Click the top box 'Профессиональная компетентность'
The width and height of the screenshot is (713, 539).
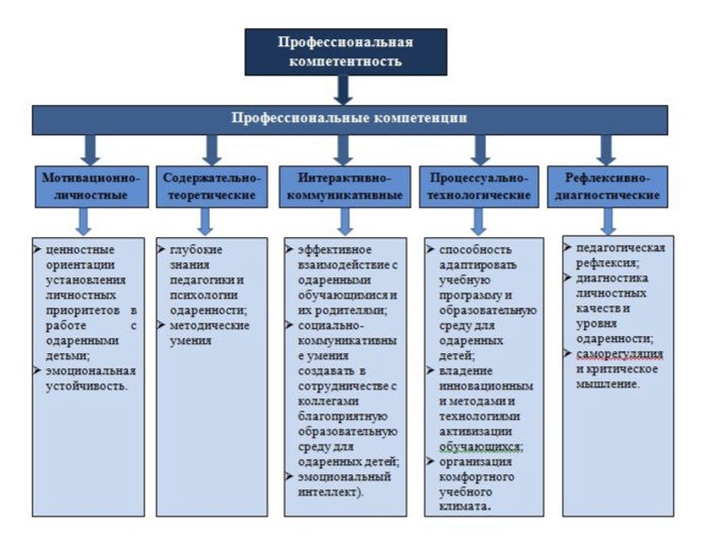pyautogui.click(x=345, y=52)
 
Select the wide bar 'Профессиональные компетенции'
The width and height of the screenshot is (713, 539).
pyautogui.click(x=350, y=119)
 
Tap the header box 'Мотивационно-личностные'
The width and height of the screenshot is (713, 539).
pyautogui.click(x=92, y=187)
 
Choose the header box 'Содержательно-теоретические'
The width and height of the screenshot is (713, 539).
pyautogui.click(x=212, y=187)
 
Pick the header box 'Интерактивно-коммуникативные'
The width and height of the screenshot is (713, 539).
pyautogui.click(x=345, y=187)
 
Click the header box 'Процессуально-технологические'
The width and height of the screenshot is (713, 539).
pyautogui.click(x=478, y=187)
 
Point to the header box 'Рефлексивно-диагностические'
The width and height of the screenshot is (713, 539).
pyautogui.click(x=607, y=187)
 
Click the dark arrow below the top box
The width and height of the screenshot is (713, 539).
pyautogui.click(x=344, y=90)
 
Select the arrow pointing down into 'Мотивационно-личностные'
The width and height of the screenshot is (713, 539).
pyautogui.click(x=90, y=150)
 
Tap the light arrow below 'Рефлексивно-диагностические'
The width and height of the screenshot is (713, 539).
pyautogui.click(x=608, y=222)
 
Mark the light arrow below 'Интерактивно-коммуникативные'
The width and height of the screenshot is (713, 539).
pyautogui.click(x=345, y=222)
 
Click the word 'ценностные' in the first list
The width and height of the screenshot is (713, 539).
pyautogui.click(x=80, y=250)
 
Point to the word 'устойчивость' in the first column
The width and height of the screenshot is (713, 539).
pyautogui.click(x=85, y=386)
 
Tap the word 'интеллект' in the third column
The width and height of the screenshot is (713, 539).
pyautogui.click(x=328, y=492)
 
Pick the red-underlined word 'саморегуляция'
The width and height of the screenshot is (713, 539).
pyautogui.click(x=620, y=354)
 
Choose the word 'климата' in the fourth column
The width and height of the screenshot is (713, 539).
pyautogui.click(x=463, y=507)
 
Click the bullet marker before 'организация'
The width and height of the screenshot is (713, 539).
pyautogui.click(x=430, y=461)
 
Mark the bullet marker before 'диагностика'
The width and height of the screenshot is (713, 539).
pyautogui.click(x=567, y=277)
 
